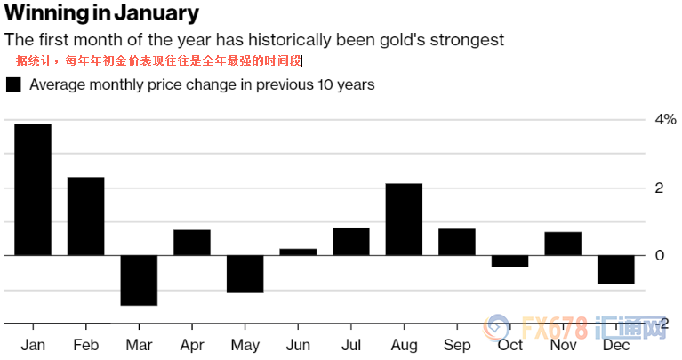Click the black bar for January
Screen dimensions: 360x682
click(33, 189)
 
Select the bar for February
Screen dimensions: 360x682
click(86, 216)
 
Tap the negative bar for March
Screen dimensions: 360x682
click(139, 280)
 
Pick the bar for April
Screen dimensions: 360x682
click(192, 243)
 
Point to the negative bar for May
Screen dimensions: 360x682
click(245, 274)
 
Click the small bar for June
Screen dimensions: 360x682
click(298, 252)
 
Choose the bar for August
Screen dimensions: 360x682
click(404, 220)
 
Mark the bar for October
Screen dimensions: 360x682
click(509, 260)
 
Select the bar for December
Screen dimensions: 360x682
click(615, 269)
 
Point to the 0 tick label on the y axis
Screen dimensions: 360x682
click(660, 256)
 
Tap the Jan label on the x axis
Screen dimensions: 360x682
click(33, 345)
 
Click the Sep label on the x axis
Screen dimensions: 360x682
click(457, 345)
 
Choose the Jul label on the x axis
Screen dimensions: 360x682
click(351, 345)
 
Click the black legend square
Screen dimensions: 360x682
click(13, 85)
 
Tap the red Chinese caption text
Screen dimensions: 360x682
click(159, 61)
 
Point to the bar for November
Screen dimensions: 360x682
click(563, 244)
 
